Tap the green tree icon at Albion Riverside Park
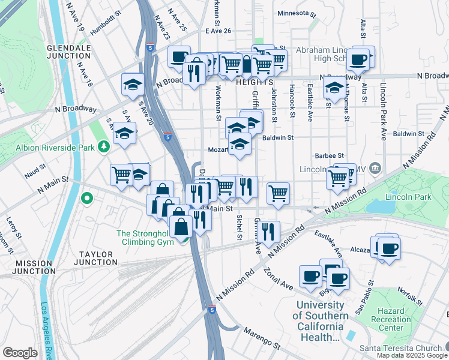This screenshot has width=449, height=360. [104, 146]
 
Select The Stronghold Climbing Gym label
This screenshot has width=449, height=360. [147, 238]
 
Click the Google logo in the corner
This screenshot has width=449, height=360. [19, 353]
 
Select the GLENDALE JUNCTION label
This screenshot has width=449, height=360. [59, 52]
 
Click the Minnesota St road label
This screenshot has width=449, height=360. [297, 13]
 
